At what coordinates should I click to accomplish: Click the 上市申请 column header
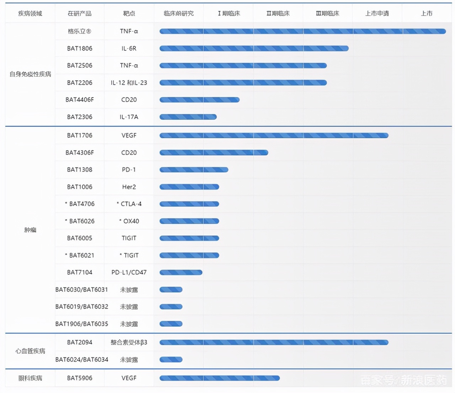(x=377, y=14)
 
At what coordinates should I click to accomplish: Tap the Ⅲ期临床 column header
(x=327, y=14)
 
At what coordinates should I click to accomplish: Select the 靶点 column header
(x=129, y=14)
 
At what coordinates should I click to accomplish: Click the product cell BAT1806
(x=80, y=48)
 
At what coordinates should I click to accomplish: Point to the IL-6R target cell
(x=129, y=48)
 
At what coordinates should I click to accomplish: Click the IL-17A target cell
(x=129, y=117)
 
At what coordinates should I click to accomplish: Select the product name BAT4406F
(x=80, y=100)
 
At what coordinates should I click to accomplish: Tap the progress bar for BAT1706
(x=274, y=135)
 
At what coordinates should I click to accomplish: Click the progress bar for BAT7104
(x=181, y=273)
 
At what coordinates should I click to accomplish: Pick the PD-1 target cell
(x=129, y=170)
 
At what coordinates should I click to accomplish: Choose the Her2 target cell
(x=129, y=187)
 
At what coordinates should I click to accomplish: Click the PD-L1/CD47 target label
(x=129, y=273)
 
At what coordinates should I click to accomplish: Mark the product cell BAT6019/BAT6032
(x=82, y=307)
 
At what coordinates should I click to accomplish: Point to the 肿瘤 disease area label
(x=30, y=230)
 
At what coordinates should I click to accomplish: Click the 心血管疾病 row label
(x=30, y=351)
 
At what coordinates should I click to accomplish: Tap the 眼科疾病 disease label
(x=30, y=378)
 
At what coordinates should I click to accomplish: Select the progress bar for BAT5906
(x=220, y=378)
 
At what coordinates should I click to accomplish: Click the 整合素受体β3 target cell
(x=129, y=343)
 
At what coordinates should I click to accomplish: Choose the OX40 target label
(x=131, y=221)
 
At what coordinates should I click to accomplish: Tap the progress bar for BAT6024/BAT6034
(x=171, y=360)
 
